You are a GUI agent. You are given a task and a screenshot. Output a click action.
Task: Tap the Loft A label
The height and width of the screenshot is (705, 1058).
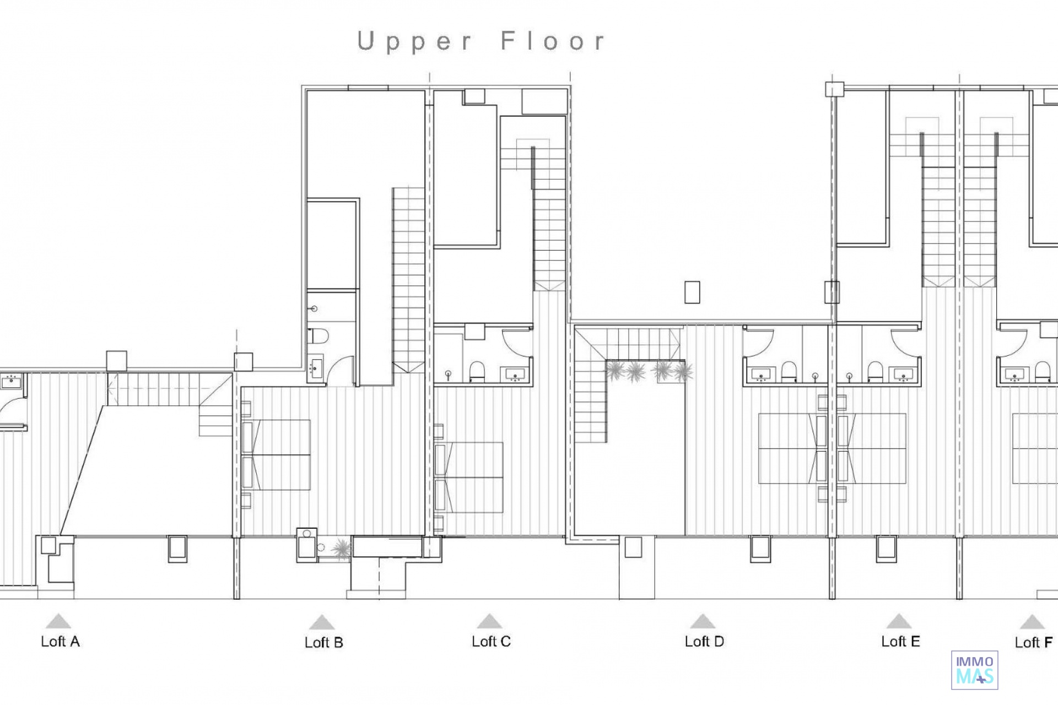[60, 642]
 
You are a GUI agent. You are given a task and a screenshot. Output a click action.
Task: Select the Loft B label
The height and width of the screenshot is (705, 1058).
[324, 643]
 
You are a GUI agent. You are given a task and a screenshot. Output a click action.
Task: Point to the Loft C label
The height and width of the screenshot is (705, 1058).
[491, 642]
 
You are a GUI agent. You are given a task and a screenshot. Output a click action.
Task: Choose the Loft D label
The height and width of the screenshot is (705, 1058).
[704, 642]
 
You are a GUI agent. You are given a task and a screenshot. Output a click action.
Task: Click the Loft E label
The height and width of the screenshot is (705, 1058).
[900, 642]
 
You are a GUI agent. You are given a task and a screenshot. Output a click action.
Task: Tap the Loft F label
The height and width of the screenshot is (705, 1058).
[1034, 643]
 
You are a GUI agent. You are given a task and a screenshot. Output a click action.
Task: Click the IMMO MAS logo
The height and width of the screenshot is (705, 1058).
[974, 670]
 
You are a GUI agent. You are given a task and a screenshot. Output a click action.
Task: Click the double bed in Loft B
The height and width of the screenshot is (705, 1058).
[276, 454]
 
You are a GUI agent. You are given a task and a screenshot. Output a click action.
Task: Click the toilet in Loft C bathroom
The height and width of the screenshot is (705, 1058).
[477, 372]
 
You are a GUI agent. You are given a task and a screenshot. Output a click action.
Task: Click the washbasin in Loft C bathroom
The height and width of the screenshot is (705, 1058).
[515, 375]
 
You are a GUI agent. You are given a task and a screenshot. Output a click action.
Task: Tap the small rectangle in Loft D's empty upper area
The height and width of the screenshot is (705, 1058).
[692, 292]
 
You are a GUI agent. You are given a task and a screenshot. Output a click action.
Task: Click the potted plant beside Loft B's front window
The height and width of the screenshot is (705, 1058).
[342, 549]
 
